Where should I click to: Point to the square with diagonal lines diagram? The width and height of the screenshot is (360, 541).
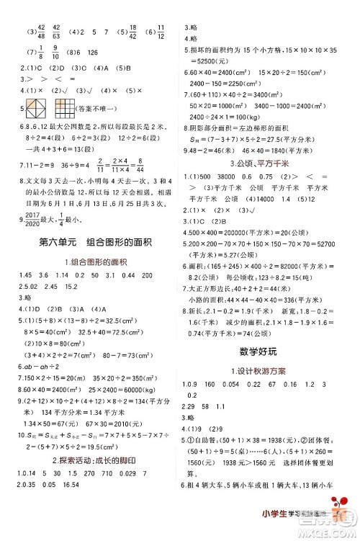tap(37, 109)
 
